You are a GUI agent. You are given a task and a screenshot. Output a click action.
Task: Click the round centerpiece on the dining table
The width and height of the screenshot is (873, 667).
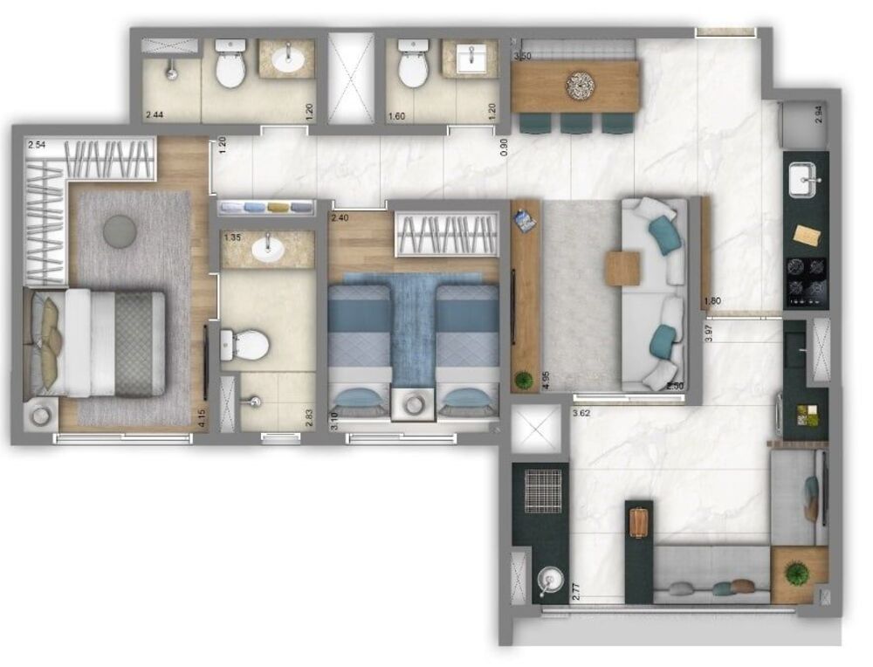[x=580, y=85]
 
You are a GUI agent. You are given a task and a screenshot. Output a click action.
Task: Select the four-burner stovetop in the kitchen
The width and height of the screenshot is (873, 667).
[x=804, y=278]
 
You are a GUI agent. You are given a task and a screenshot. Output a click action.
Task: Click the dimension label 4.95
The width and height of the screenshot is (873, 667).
[x=546, y=381]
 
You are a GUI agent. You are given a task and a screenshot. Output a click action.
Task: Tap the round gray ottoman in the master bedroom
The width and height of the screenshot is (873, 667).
[x=120, y=230]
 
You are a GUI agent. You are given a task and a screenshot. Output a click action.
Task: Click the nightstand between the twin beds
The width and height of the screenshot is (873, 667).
[x=413, y=404]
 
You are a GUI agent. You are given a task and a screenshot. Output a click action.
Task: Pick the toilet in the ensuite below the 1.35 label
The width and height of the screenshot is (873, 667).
[x=244, y=344]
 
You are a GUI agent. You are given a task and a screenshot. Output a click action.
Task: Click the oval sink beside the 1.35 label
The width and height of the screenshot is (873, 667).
[x=267, y=251]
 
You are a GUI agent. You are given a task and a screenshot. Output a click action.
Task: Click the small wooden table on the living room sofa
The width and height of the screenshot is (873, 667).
[x=623, y=268]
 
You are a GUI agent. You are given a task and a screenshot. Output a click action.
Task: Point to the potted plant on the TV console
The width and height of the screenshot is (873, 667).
[x=524, y=379]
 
